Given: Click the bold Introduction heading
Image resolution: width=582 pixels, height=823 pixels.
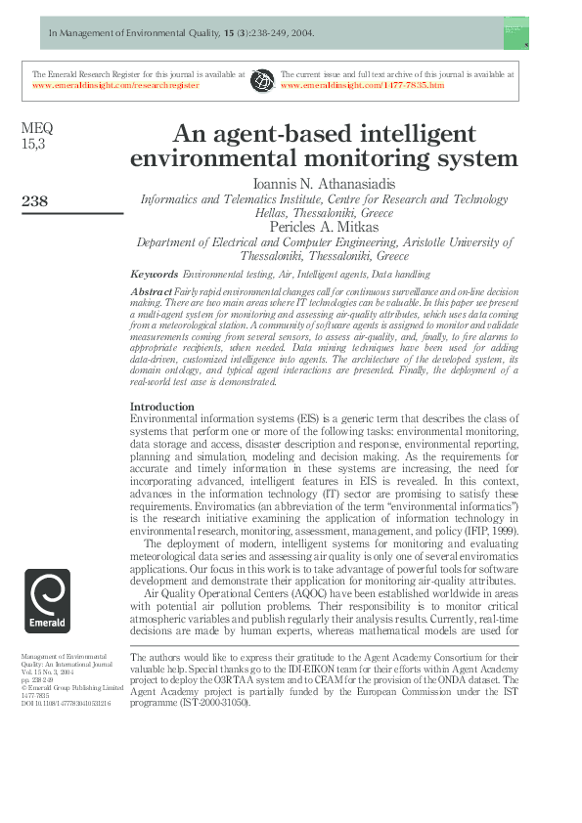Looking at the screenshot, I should tap(162, 407).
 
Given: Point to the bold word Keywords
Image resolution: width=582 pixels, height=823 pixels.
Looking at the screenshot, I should tap(155, 275).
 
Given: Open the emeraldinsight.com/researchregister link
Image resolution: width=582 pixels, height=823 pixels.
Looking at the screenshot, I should tap(115, 85).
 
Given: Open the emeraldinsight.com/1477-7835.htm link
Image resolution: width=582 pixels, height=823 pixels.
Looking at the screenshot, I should tap(362, 85).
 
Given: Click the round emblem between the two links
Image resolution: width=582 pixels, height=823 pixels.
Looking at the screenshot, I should tap(262, 79).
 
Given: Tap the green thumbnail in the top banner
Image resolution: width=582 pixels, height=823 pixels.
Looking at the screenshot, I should tap(516, 33).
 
